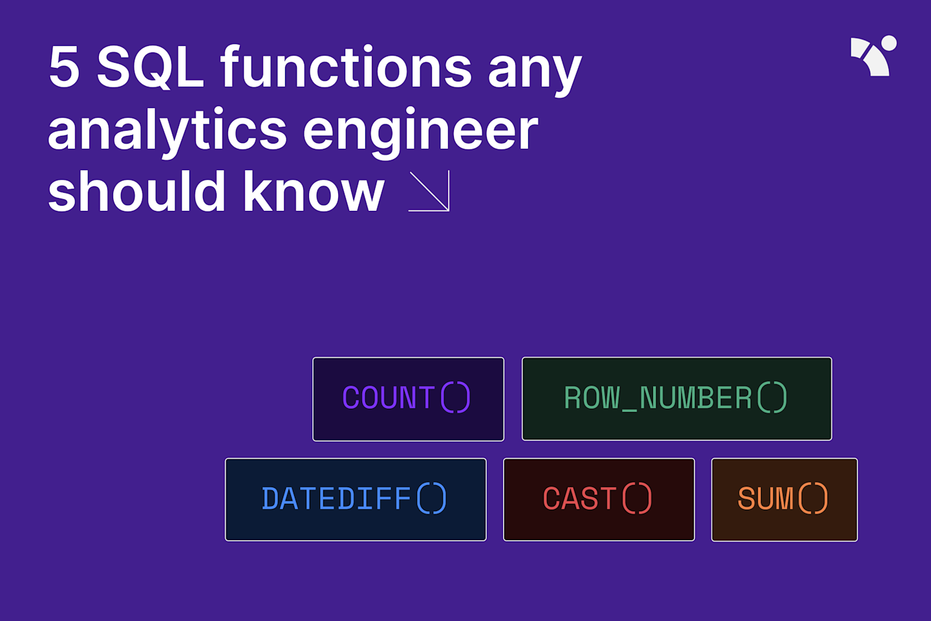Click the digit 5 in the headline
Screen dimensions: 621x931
click(64, 67)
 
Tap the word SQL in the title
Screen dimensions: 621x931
click(150, 67)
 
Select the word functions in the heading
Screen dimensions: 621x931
click(346, 67)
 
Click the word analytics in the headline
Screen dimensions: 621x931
click(167, 131)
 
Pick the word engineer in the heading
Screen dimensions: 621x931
click(420, 131)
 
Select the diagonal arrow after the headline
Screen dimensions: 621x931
click(430, 191)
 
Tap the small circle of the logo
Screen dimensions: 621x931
click(889, 43)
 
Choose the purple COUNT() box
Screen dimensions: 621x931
click(408, 399)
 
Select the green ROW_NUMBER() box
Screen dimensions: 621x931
click(676, 399)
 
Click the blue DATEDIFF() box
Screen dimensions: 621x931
click(356, 499)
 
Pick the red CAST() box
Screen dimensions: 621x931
click(599, 499)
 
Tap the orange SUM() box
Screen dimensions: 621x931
click(784, 499)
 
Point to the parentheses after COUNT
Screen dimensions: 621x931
click(455, 397)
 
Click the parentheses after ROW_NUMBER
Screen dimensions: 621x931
click(772, 397)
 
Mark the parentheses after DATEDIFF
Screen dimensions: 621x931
click(431, 498)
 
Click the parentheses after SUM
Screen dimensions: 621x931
click(813, 498)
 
